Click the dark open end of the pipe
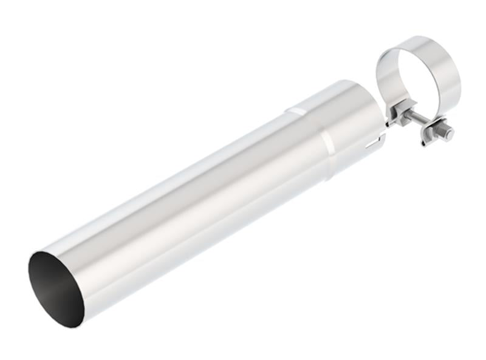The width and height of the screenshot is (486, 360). [x=56, y=288]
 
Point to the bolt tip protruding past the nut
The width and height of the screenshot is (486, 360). [x=449, y=133]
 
